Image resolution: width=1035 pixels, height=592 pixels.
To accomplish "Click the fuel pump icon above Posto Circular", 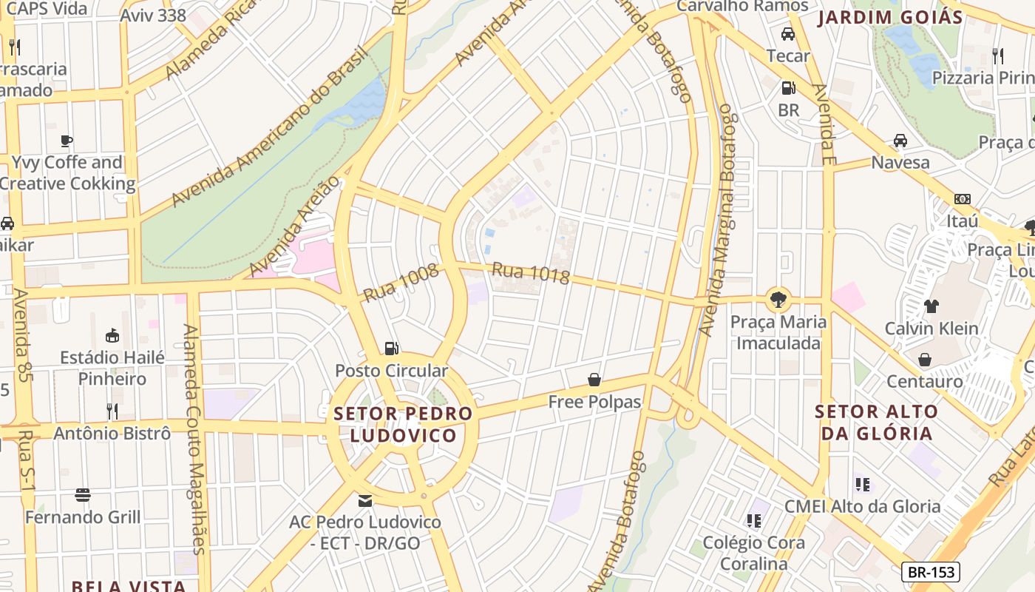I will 391,348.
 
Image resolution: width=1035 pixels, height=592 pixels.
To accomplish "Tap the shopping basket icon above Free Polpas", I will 594,380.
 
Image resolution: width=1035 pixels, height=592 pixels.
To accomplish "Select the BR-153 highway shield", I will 931,572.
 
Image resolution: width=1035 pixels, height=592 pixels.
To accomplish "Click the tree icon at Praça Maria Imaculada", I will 778,300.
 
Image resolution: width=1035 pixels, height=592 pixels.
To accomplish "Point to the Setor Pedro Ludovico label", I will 403,424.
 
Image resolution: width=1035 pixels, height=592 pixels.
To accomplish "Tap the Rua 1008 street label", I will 401,283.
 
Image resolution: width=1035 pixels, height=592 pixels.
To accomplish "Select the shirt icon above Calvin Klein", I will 931,306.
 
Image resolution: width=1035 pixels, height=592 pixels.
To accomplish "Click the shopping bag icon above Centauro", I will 925,360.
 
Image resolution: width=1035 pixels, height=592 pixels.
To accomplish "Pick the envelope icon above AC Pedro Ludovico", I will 365,500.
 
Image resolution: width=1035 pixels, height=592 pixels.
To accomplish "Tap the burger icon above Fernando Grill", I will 83,494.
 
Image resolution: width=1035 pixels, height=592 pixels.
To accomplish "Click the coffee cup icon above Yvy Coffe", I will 67,140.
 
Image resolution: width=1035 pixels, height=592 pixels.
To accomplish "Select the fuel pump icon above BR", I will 789,88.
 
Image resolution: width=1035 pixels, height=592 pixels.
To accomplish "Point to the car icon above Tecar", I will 788,34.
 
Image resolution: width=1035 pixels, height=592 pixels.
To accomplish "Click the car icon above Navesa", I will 900,140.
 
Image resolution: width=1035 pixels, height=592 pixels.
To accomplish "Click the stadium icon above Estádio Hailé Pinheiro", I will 112,336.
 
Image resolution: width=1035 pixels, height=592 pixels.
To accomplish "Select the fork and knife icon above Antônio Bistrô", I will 112,411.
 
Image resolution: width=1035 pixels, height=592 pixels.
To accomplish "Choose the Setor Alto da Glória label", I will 876,423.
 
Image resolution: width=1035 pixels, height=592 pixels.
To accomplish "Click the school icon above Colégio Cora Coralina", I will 753,521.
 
